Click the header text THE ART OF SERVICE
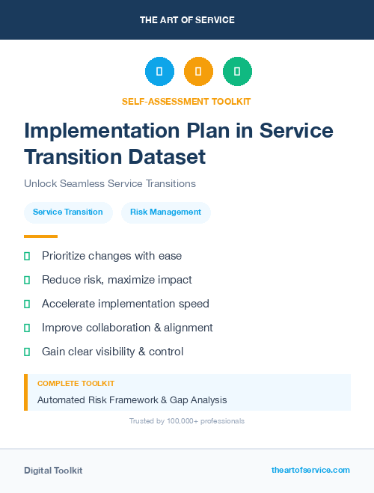187,20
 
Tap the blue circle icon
159,72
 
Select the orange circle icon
198,72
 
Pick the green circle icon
237,72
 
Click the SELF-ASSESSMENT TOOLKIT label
186,101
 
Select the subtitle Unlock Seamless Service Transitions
110,183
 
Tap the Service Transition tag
68,212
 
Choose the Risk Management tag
165,212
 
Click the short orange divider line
40,236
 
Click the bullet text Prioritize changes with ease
111,256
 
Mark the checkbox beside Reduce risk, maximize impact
27,280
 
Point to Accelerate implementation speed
125,304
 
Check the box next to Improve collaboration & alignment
27,328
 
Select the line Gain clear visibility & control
112,352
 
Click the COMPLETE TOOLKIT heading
76,383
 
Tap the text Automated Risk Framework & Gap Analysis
132,400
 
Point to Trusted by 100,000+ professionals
186,421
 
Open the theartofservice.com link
310,470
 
